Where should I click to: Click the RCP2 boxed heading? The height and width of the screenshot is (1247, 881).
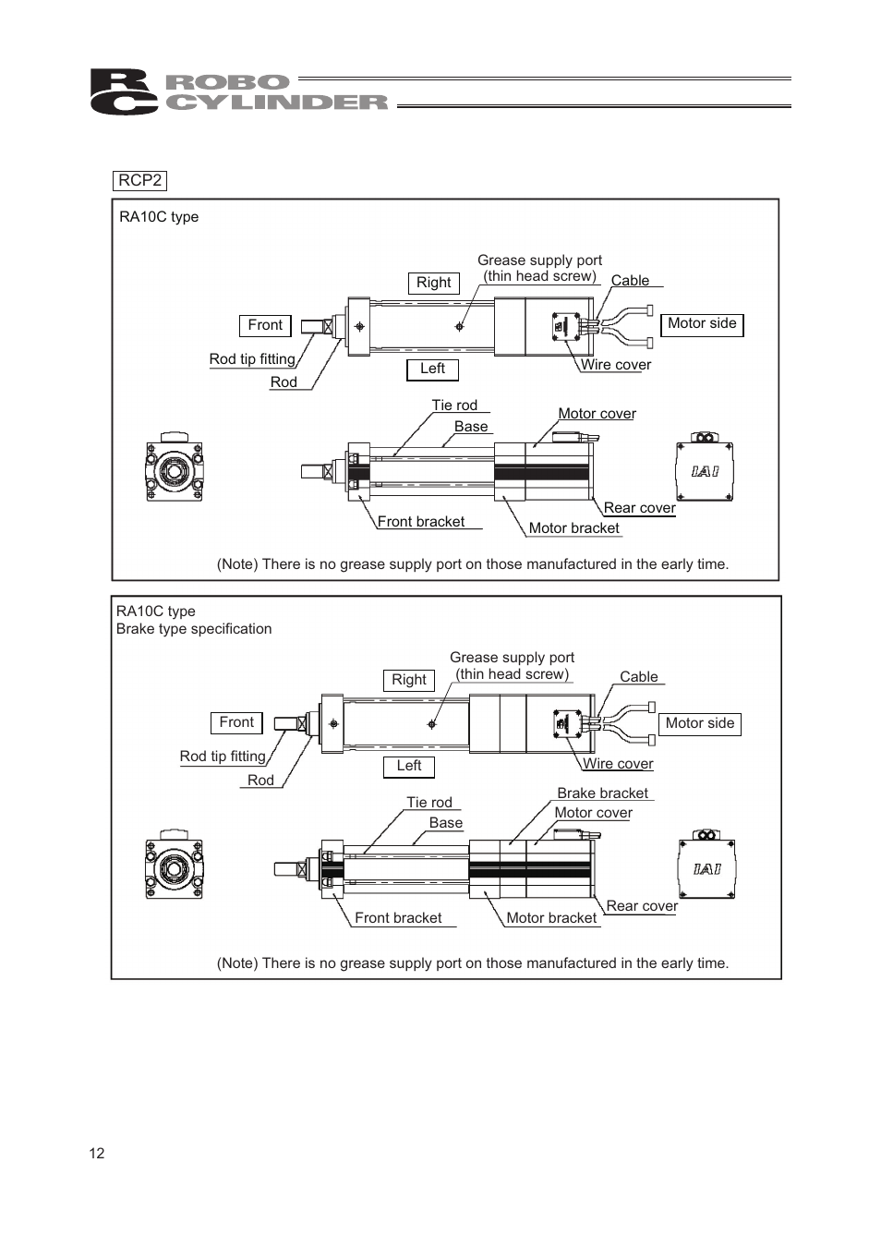tap(139, 180)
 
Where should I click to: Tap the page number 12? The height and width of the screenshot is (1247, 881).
tap(97, 1153)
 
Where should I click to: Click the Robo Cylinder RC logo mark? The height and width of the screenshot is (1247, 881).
tap(124, 91)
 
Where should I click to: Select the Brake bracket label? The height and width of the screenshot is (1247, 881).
tap(602, 793)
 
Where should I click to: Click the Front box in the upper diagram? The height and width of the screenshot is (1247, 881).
tap(265, 325)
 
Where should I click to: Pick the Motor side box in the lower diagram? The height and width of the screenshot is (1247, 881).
tap(700, 723)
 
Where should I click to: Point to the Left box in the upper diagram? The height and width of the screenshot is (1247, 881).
tap(432, 369)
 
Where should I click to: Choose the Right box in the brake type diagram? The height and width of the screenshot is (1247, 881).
tap(409, 680)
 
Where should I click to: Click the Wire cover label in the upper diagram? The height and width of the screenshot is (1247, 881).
tap(616, 365)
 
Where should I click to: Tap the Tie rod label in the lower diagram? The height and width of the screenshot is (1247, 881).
tap(429, 802)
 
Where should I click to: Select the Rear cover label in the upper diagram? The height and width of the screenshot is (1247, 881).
tap(639, 508)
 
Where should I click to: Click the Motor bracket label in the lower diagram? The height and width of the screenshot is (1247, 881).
tap(551, 918)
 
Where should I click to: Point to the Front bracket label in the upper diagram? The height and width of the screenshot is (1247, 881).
tap(421, 522)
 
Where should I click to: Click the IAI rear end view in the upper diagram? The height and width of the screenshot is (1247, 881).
tap(705, 466)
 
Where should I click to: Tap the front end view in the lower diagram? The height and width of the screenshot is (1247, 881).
tap(175, 864)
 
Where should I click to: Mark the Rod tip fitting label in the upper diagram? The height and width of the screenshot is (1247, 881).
tap(252, 359)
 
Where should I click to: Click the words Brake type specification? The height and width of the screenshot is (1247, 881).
tap(194, 629)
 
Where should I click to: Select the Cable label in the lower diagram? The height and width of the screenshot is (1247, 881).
tap(638, 677)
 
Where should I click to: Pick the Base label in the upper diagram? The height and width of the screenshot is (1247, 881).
tap(471, 427)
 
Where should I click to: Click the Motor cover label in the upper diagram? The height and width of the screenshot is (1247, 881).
tap(597, 414)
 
